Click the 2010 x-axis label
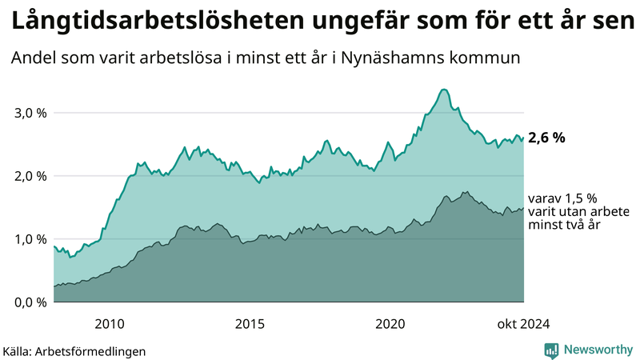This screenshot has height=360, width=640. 110,323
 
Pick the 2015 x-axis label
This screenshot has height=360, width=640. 250,323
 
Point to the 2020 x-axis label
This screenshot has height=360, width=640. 390,323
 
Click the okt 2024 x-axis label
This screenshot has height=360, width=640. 524,323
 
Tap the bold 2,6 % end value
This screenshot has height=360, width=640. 547,138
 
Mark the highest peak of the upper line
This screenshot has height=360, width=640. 444,90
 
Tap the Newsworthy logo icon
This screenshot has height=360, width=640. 551,350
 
